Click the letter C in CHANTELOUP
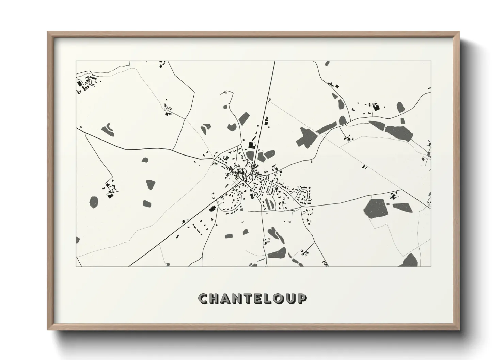(x=203, y=298)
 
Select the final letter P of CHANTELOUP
(x=302, y=298)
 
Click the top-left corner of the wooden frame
(x=48, y=32)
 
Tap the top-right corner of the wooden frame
(x=459, y=32)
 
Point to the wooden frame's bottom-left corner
(x=48, y=330)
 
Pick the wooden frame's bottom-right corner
(x=459, y=330)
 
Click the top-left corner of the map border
(x=76, y=61)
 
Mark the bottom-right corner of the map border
(x=431, y=267)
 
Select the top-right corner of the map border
(x=431, y=61)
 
